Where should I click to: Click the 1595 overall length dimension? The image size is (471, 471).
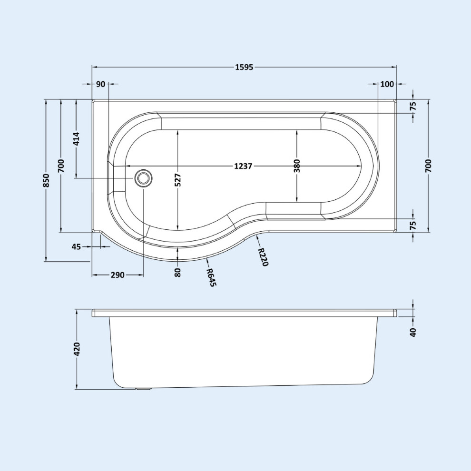tap(244, 67)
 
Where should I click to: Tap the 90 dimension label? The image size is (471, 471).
tap(101, 84)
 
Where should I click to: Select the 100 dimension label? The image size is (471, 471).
tap(387, 84)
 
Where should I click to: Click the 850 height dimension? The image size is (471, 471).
tap(46, 180)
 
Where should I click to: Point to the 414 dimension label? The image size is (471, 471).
tap(77, 139)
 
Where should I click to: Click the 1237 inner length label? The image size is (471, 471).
tap(243, 166)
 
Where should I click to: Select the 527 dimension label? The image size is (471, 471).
tap(178, 180)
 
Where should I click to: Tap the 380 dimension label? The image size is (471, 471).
tap(297, 166)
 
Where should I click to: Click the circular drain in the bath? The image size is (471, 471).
tap(143, 178)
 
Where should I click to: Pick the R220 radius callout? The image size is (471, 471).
tap(263, 256)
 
